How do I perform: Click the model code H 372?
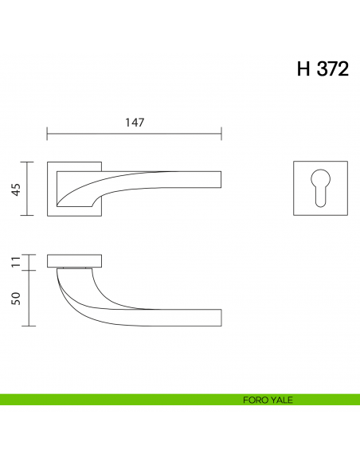[323, 69]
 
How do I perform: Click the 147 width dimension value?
[135, 123]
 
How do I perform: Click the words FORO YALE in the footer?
[268, 400]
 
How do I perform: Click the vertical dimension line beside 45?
[29, 189]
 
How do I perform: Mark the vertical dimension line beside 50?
[29, 298]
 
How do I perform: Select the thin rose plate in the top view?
[76, 261]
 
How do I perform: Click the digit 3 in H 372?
[323, 69]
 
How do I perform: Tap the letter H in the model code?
[303, 69]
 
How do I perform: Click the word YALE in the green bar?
[282, 400]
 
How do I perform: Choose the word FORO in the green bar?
[254, 400]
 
